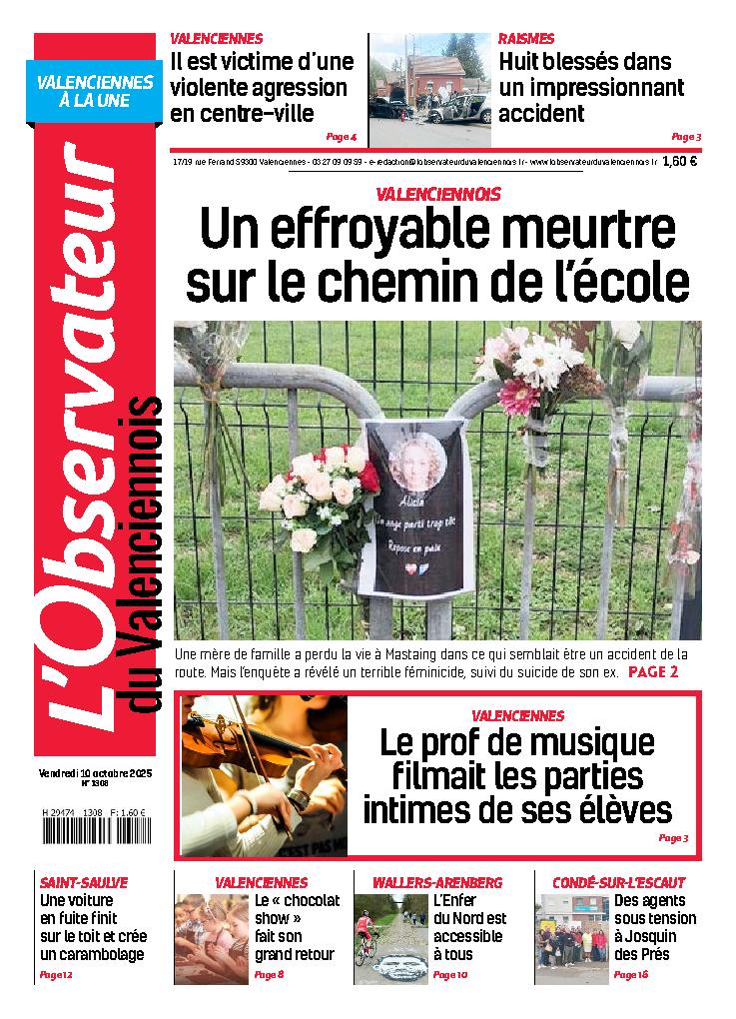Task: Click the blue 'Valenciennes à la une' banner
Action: [95, 93]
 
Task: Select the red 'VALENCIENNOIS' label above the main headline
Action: [438, 194]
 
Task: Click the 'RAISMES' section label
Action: [526, 39]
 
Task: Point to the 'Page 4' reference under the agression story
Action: [341, 137]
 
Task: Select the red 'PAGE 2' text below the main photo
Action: [653, 672]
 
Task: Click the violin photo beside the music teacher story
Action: [265, 775]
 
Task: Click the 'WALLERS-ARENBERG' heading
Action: [437, 883]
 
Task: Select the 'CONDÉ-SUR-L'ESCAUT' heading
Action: [619, 883]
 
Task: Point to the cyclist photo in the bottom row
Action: [389, 937]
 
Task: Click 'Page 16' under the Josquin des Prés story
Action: [631, 974]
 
